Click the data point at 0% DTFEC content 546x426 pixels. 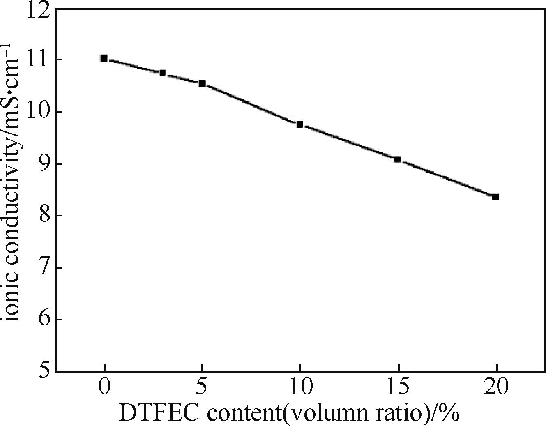pyautogui.click(x=104, y=58)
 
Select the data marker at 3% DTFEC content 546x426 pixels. pyautogui.click(x=163, y=73)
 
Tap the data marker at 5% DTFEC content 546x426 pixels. pyautogui.click(x=202, y=83)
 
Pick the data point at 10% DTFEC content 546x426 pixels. pyautogui.click(x=300, y=124)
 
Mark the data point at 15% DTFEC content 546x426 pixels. pyautogui.click(x=397, y=159)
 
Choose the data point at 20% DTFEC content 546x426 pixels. pyautogui.click(x=495, y=197)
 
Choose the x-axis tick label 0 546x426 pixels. pyautogui.click(x=105, y=387)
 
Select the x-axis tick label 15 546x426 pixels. pyautogui.click(x=398, y=387)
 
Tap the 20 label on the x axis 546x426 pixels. pyautogui.click(x=496, y=387)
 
